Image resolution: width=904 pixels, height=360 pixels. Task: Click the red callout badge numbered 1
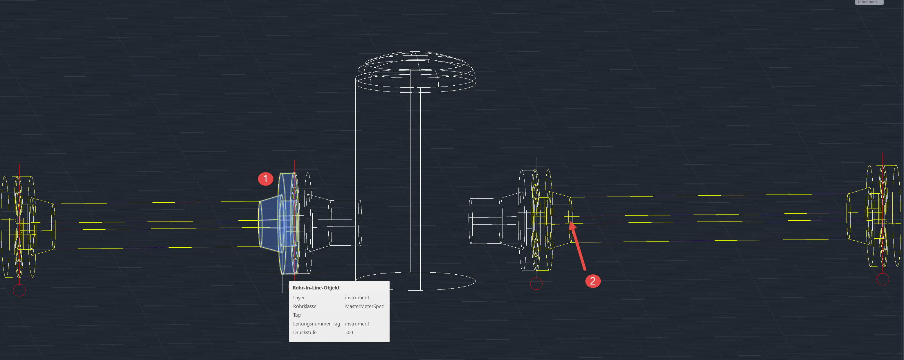point(265,179)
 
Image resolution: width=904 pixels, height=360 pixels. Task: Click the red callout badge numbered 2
point(593,281)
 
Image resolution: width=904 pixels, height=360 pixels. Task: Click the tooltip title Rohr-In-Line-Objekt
point(316,288)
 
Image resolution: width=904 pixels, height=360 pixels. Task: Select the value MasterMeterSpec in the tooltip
point(364,306)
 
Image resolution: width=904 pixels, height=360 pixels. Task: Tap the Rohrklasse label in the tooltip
point(304,306)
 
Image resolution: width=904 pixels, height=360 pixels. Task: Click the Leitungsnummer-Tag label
point(316,323)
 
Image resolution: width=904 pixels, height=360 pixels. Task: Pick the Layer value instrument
point(356,298)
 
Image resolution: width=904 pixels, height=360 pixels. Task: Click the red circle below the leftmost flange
point(19,290)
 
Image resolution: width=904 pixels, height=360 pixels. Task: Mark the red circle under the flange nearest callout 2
point(536,283)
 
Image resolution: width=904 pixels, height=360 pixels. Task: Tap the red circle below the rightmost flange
point(882,279)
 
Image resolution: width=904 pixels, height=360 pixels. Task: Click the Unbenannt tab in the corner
point(868,2)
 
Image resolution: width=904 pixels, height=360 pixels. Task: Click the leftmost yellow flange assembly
point(18,226)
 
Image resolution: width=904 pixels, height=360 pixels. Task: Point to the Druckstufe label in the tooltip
point(305,332)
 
